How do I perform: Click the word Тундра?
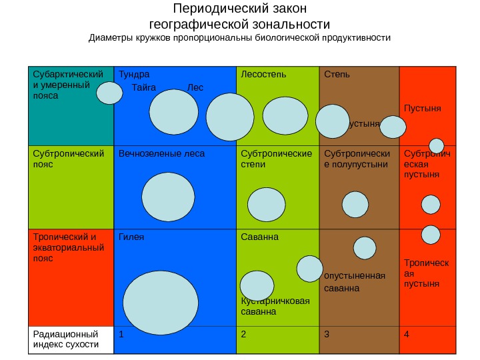pos(134,74)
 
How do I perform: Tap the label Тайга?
pos(144,87)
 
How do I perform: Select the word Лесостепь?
pos(263,74)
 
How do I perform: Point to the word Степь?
pos(336,74)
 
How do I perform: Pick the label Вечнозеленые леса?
pos(161,153)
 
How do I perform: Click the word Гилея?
pos(131,237)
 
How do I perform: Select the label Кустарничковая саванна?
pos(275,306)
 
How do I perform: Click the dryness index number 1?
pos(121,334)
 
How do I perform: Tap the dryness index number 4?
pos(407,334)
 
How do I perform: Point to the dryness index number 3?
pos(327,334)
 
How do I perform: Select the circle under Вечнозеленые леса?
pos(169,197)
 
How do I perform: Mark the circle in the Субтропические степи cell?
pos(265,203)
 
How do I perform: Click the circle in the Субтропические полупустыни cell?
pos(355,205)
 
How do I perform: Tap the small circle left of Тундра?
pos(109,93)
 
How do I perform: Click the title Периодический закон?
pos(239,9)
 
